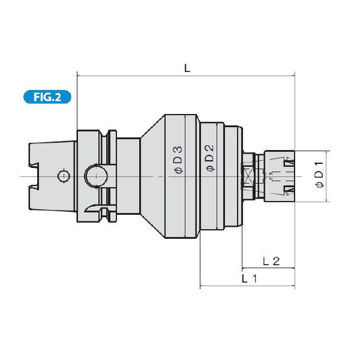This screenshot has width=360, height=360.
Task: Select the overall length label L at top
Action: [x=187, y=68]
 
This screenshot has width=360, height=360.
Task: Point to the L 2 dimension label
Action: [x=272, y=260]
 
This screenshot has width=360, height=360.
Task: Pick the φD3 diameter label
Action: [x=178, y=160]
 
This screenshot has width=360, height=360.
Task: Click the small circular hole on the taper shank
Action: [x=62, y=176]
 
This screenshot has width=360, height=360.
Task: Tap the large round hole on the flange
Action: [x=95, y=176]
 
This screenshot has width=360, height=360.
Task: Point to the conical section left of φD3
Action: [x=151, y=176]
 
